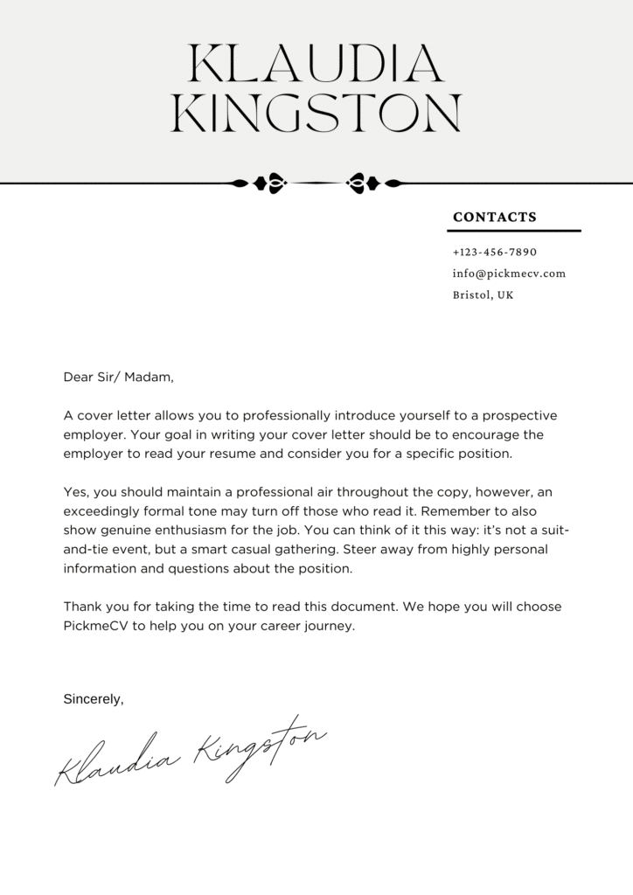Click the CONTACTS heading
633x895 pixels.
click(x=495, y=217)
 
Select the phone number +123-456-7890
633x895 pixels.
click(x=495, y=252)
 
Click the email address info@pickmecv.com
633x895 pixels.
click(x=509, y=274)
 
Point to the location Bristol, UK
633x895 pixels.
click(x=483, y=295)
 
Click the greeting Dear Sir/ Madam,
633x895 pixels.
click(x=119, y=378)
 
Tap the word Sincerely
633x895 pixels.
click(x=94, y=698)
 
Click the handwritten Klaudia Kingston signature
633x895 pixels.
click(x=188, y=749)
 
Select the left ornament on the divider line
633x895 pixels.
click(x=270, y=183)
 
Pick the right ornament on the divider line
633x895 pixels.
click(x=362, y=183)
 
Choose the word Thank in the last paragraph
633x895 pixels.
click(x=83, y=607)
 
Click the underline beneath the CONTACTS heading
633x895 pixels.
click(x=514, y=231)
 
